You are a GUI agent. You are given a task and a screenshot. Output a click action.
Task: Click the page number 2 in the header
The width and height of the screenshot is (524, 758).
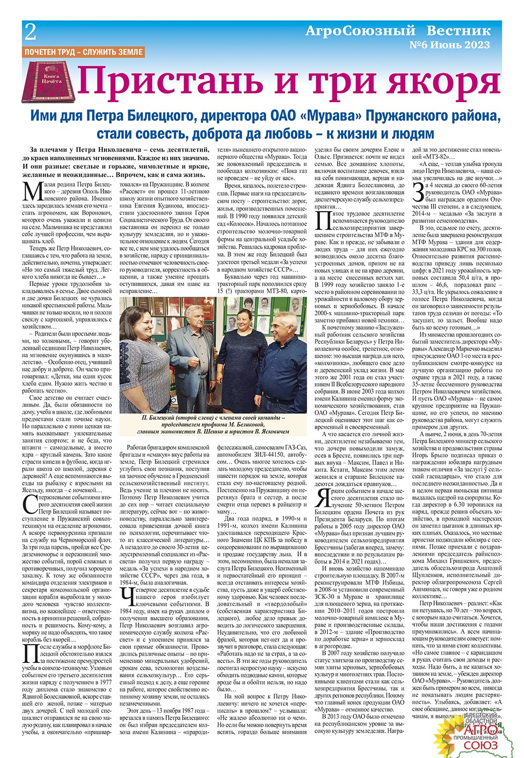coord(30,32)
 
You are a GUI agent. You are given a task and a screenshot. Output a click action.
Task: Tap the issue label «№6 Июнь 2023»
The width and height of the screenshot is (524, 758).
coord(449,44)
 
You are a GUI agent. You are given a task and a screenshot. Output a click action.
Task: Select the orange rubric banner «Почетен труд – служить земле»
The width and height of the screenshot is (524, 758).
coord(84,52)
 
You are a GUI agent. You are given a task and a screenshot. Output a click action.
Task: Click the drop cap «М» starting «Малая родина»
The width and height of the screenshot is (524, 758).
coord(34,192)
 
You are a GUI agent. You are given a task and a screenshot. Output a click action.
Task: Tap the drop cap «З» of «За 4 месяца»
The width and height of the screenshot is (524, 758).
coord(417,193)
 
